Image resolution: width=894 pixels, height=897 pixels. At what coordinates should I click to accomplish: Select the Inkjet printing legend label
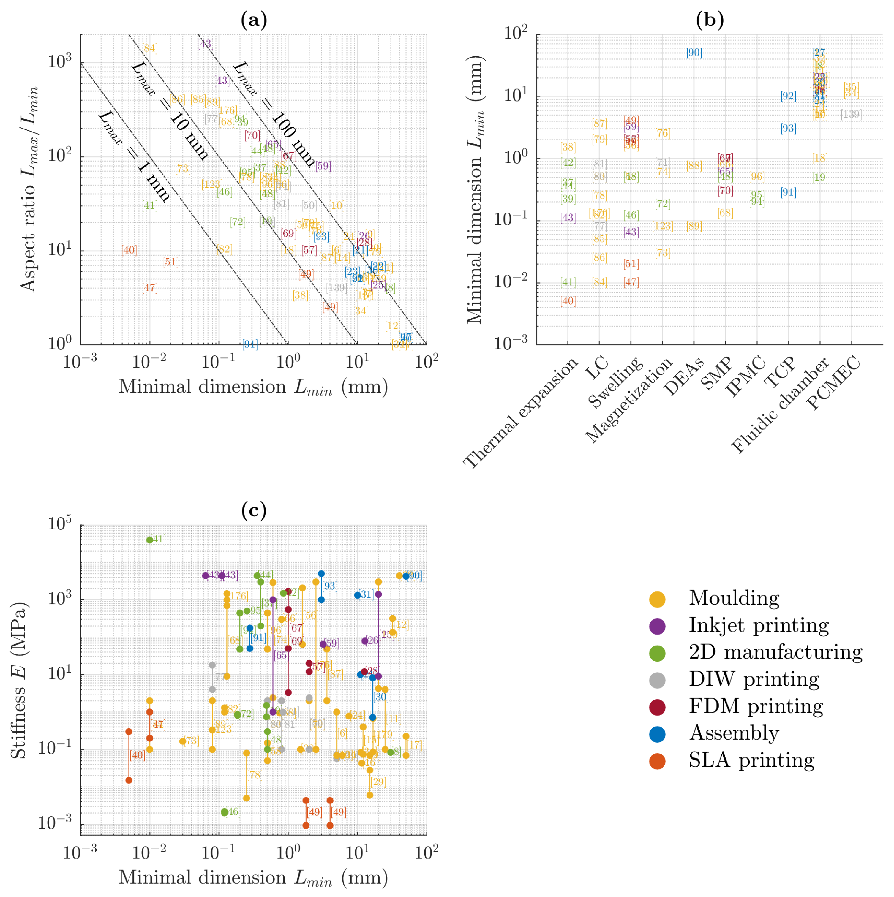coord(758,625)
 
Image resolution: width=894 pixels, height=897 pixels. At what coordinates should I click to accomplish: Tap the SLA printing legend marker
coord(657,761)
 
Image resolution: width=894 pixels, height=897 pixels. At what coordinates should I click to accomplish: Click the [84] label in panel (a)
coord(149,48)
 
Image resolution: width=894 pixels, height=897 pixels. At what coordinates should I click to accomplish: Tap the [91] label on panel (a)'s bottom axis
coord(250,344)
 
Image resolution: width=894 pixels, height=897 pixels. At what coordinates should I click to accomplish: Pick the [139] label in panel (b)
coord(851,114)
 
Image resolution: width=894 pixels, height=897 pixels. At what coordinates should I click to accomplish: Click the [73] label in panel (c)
coord(191,741)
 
